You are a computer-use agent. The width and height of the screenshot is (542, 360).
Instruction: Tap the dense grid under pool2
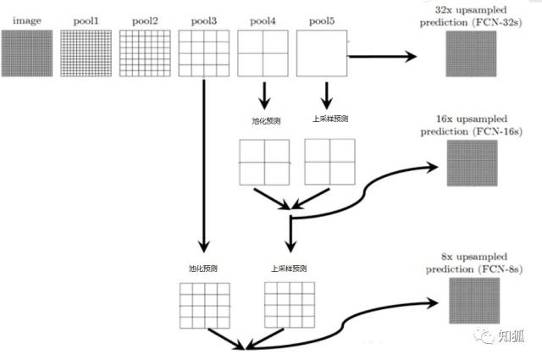145,55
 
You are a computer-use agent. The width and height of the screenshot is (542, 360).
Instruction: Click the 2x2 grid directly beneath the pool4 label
263,55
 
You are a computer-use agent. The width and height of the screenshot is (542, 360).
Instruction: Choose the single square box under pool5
322,55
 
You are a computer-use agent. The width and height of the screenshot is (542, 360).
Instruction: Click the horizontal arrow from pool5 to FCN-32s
381,57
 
